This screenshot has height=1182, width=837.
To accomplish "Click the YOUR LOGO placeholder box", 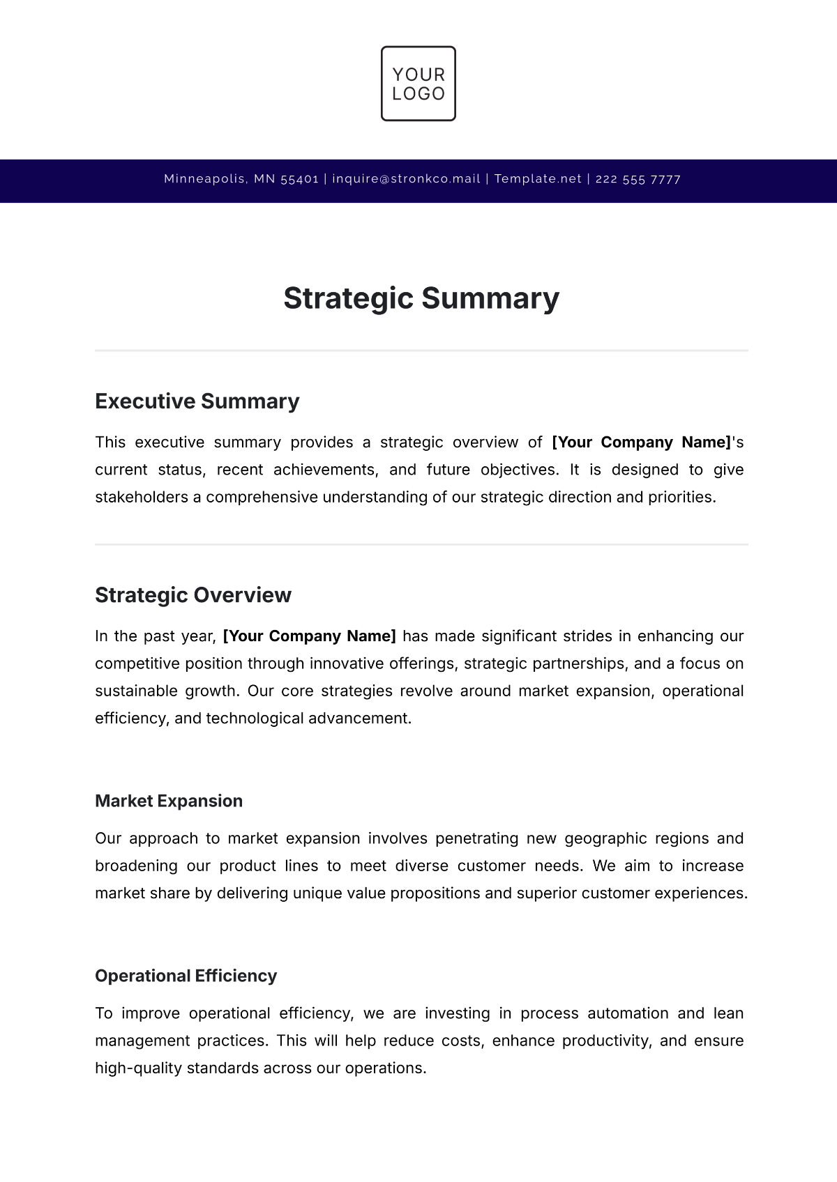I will tap(418, 84).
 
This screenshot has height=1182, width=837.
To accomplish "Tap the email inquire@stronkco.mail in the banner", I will tap(406, 179).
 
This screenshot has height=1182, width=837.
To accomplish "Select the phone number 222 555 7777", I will tap(638, 179).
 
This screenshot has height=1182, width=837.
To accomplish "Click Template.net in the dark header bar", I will tap(538, 179).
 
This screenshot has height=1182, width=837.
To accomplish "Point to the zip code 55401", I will tap(299, 179).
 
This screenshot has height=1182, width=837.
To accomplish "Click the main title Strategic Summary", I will tap(421, 298).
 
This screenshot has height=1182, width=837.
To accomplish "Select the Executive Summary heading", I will tap(197, 401).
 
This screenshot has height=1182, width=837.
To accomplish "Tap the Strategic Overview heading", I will tap(193, 595).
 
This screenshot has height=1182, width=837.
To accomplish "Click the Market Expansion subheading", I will tap(169, 801).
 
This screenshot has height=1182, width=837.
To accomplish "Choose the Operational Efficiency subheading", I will tap(186, 976).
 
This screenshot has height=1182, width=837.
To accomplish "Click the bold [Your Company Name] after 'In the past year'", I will tap(309, 636).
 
